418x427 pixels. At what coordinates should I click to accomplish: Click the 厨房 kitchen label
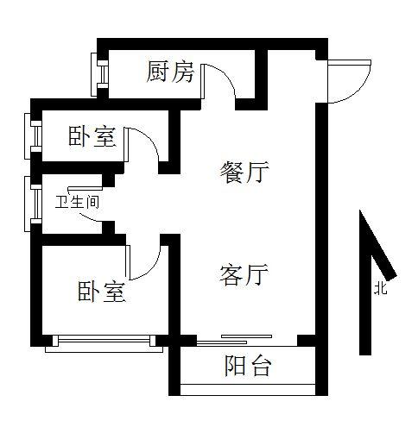(x=170, y=72)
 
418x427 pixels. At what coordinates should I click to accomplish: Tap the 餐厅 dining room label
(x=244, y=172)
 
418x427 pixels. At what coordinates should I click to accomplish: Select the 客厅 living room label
(x=244, y=275)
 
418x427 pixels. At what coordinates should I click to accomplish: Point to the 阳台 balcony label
(x=248, y=366)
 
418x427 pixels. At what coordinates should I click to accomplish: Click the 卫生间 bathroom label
(x=77, y=202)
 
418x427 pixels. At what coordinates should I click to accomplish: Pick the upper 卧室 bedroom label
(x=92, y=136)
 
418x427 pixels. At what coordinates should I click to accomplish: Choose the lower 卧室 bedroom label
(x=102, y=292)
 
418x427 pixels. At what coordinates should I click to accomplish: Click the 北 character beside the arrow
(x=381, y=288)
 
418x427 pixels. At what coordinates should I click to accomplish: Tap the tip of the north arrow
(x=360, y=210)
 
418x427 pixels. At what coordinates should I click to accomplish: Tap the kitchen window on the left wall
(x=99, y=74)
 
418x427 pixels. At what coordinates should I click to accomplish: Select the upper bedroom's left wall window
(x=34, y=136)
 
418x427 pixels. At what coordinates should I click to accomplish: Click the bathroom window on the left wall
(x=34, y=204)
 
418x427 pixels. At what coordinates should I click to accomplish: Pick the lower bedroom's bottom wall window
(x=104, y=343)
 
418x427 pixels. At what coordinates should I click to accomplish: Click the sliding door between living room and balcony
(x=234, y=339)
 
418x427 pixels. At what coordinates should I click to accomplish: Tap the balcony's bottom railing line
(x=248, y=385)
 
